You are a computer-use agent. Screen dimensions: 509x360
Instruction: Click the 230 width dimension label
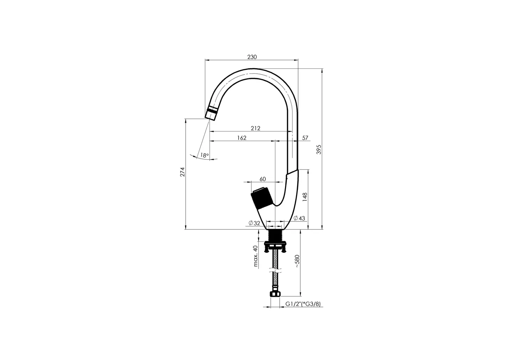pos(252,57)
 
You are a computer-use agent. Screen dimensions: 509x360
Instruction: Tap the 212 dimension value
pos(255,128)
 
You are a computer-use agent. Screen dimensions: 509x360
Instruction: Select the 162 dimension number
pos(242,138)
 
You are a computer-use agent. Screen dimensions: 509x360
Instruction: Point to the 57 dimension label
pos(305,138)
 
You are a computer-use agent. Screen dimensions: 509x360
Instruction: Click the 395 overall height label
pos(319,149)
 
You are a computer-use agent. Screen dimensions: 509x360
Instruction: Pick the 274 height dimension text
pos(182,172)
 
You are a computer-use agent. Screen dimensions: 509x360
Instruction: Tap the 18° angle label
pos(204,155)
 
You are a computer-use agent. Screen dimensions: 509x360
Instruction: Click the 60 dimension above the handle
pos(263,179)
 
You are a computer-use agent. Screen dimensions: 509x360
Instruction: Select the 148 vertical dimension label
pos(305,197)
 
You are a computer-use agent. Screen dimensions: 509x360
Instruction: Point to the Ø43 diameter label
pos(299,218)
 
